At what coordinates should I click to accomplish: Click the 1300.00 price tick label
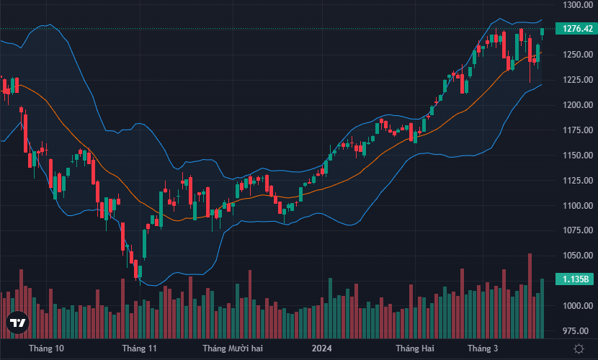[579, 5]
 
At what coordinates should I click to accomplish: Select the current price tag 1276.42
[579, 29]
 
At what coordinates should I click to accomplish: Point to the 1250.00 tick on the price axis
[579, 55]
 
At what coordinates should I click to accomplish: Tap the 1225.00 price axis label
[579, 80]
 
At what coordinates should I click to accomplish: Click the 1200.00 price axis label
[579, 105]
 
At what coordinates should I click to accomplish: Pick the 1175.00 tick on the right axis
[579, 130]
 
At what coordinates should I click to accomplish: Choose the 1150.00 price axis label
[579, 156]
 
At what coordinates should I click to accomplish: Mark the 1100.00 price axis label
[579, 206]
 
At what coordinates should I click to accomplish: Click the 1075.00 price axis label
[579, 230]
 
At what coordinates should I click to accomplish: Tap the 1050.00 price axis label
[579, 256]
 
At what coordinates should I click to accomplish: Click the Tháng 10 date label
[46, 348]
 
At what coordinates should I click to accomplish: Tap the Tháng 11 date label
[140, 348]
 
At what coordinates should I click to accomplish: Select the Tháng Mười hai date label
[233, 348]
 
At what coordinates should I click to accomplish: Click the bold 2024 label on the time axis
[321, 348]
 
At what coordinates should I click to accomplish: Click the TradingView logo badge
[17, 325]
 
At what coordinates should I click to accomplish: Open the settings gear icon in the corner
[579, 348]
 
